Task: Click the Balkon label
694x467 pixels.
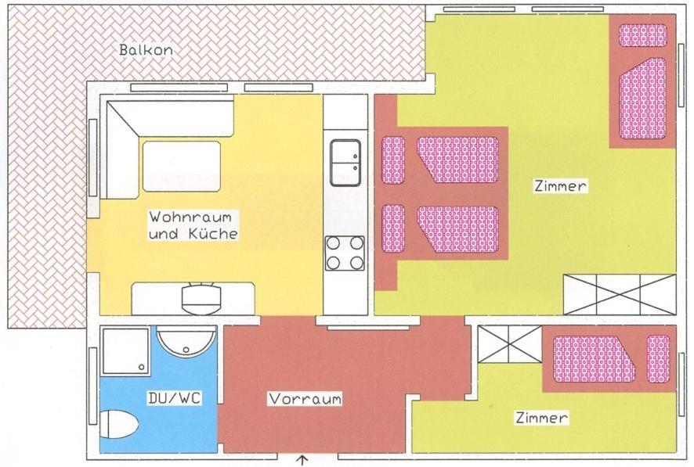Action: (146, 50)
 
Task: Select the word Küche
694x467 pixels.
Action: (213, 233)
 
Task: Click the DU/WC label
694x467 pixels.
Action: (175, 398)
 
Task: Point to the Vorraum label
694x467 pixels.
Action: (305, 399)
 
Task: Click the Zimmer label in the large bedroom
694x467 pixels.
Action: (560, 186)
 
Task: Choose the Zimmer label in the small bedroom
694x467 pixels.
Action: (541, 418)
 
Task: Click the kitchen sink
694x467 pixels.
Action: (345, 163)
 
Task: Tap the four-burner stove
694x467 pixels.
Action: (345, 253)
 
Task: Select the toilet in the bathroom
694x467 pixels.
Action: (118, 424)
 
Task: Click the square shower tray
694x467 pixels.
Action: (125, 350)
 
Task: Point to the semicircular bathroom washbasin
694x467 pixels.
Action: (186, 343)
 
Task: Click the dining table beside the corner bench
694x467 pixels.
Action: (182, 167)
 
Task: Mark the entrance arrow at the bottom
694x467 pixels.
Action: (302, 462)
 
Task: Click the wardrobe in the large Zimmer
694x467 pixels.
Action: (620, 295)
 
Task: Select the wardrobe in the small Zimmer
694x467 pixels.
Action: (511, 345)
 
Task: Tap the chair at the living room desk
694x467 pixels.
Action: (201, 298)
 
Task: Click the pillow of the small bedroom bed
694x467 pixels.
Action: (659, 359)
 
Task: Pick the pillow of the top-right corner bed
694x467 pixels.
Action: (642, 35)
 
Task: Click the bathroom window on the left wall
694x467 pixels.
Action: (93, 386)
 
